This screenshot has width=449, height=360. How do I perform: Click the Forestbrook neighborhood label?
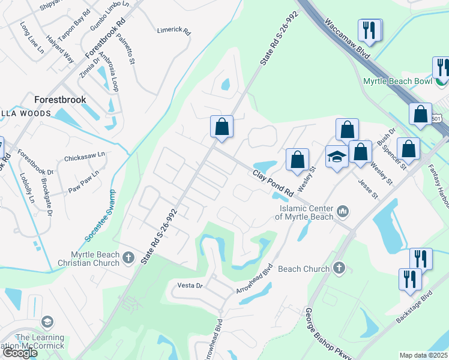60,100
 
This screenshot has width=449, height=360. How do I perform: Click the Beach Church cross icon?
339,268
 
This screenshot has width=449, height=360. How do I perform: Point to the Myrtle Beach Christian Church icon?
128,258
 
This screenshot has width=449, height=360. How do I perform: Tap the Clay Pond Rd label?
273,184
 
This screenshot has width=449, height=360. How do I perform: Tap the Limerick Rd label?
173,30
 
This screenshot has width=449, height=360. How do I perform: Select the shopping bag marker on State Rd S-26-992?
221,127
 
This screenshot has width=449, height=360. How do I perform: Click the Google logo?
20,353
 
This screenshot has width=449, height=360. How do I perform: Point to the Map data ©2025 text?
423,355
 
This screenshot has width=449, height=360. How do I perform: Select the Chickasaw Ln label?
85,157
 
